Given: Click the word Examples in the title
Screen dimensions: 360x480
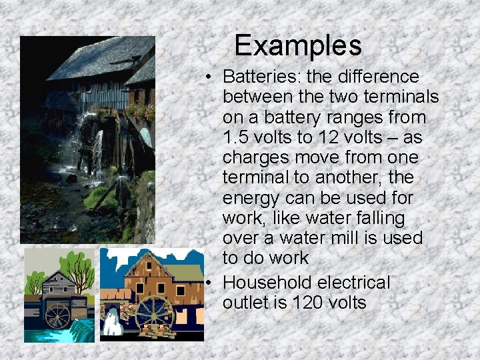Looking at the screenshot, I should tap(297, 46).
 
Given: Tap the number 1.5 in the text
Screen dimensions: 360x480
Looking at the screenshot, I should tap(237, 137).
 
